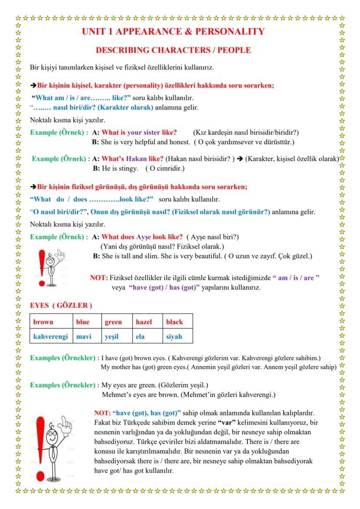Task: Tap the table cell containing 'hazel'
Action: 146,322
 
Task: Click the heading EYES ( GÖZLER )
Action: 60,306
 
